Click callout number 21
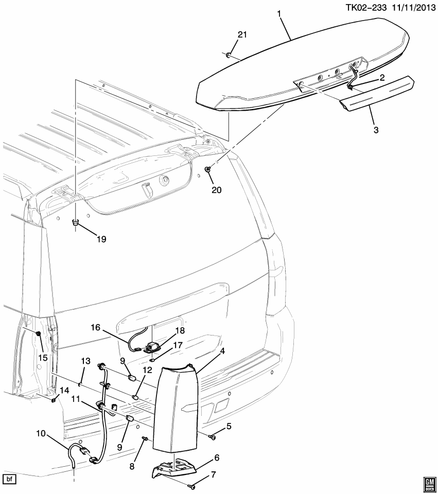coord(242,34)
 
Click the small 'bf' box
coord(10,480)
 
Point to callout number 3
coord(376,131)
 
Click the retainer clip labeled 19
coord(75,223)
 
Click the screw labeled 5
coord(212,437)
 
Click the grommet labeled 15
coord(39,334)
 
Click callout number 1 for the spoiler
coord(280,14)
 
